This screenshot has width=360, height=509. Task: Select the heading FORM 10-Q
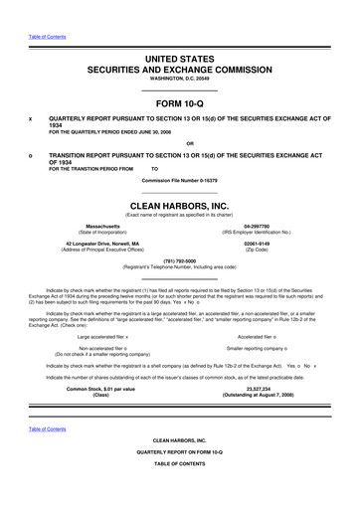[x=180, y=103]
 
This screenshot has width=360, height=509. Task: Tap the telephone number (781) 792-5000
[x=180, y=260]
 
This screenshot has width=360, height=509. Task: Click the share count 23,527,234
[x=257, y=390]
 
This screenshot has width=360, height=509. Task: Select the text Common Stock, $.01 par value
[x=100, y=390]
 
